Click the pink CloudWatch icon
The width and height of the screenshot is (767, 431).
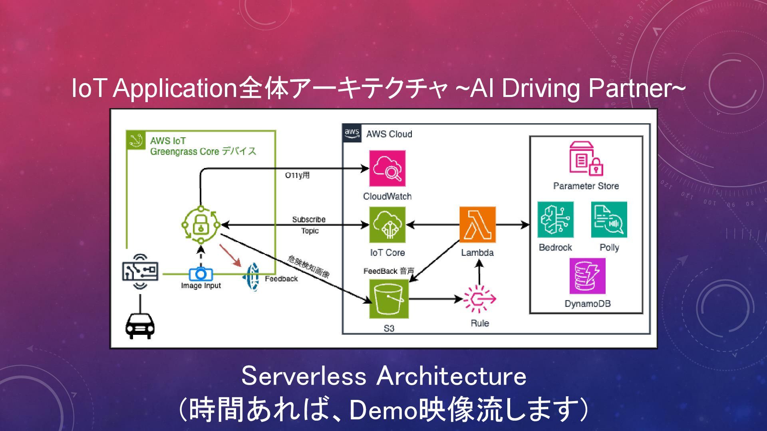[x=387, y=168]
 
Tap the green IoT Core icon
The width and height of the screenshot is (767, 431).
[x=387, y=225]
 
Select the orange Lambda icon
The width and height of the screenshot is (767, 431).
[x=477, y=225]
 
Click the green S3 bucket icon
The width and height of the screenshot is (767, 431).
[x=389, y=299]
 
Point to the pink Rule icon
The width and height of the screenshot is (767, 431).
[x=479, y=299]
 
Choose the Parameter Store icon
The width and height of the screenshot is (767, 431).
[x=586, y=158]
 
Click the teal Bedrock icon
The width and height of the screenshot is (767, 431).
[x=555, y=219]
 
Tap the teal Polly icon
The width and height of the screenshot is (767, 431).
[x=609, y=219]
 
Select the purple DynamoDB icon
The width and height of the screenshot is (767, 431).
[x=587, y=276]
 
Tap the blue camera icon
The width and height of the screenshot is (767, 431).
[x=201, y=274]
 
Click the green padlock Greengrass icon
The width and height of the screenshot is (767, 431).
[x=201, y=225]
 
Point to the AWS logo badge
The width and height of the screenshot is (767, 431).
[x=352, y=133]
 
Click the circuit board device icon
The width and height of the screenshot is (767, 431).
[x=140, y=271]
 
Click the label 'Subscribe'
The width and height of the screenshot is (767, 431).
[x=309, y=219]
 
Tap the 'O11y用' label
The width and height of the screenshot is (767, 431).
[x=297, y=176]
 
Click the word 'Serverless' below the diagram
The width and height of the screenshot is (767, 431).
[x=304, y=376]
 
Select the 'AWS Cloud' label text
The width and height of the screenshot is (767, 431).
[x=389, y=134]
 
